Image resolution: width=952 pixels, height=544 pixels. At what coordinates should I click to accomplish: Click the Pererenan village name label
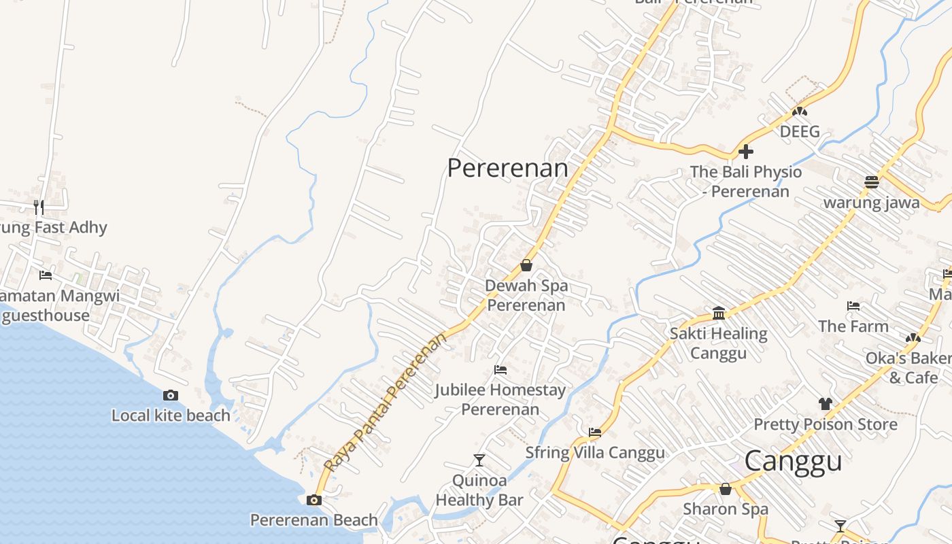pyautogui.click(x=507, y=168)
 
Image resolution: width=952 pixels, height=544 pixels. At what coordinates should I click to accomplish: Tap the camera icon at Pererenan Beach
pyautogui.click(x=314, y=500)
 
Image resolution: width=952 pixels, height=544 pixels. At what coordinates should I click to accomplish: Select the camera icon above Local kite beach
pyautogui.click(x=171, y=396)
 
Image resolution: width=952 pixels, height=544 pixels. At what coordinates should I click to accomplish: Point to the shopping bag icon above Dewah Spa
pyautogui.click(x=526, y=265)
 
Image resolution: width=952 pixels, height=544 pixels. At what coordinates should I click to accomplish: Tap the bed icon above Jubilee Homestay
pyautogui.click(x=500, y=370)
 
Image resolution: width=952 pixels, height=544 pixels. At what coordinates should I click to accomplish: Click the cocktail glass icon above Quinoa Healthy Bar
pyautogui.click(x=479, y=460)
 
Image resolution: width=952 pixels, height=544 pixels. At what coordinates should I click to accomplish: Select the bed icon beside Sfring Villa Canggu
pyautogui.click(x=595, y=432)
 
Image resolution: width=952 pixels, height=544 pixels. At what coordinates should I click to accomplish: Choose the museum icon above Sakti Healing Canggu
pyautogui.click(x=719, y=313)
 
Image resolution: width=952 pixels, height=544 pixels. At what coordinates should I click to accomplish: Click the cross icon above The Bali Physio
pyautogui.click(x=746, y=152)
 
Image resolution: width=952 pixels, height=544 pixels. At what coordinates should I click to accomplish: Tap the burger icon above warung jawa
pyautogui.click(x=872, y=182)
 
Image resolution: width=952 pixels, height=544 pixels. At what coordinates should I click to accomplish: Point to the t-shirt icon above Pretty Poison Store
pyautogui.click(x=826, y=404)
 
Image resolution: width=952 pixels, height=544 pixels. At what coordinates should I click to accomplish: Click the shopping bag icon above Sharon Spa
pyautogui.click(x=726, y=489)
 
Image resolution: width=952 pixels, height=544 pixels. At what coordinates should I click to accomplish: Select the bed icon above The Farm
pyautogui.click(x=853, y=306)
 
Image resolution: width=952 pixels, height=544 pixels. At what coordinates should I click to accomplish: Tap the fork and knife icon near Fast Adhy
pyautogui.click(x=39, y=207)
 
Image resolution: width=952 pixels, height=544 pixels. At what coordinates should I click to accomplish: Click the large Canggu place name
pyautogui.click(x=793, y=461)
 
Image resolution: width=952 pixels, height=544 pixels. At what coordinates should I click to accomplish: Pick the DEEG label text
pyautogui.click(x=800, y=131)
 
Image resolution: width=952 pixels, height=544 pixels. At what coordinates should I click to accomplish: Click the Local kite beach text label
pyautogui.click(x=171, y=415)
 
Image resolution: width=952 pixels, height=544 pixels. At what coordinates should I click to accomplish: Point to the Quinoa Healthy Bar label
pyautogui.click(x=479, y=490)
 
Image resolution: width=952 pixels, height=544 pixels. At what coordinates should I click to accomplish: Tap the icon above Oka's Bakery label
pyautogui.click(x=913, y=338)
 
